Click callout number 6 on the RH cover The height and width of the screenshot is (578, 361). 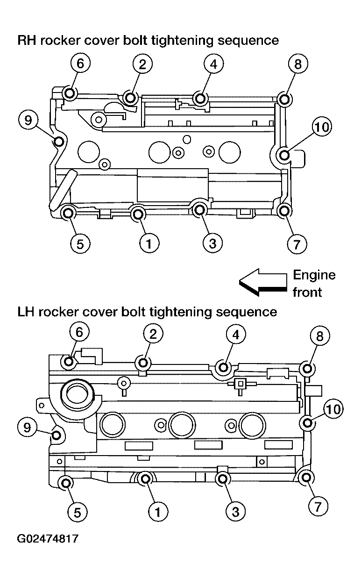point(80,64)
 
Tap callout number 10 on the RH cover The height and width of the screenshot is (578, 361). point(322,127)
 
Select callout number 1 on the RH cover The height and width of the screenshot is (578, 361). point(149,243)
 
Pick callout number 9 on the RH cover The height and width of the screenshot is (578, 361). point(28,120)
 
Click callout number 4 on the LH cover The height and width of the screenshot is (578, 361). point(236,335)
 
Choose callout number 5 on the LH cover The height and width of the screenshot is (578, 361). point(78,513)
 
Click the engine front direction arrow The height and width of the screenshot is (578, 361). point(263,282)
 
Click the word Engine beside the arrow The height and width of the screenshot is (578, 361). point(314,275)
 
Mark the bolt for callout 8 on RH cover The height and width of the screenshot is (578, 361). point(284,100)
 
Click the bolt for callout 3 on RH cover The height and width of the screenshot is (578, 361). point(199,210)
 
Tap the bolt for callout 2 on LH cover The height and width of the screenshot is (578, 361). point(143,363)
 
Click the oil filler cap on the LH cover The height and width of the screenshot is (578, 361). point(77,393)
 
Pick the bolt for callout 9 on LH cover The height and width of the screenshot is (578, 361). point(56,435)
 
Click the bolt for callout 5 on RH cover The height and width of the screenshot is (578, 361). point(68,214)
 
